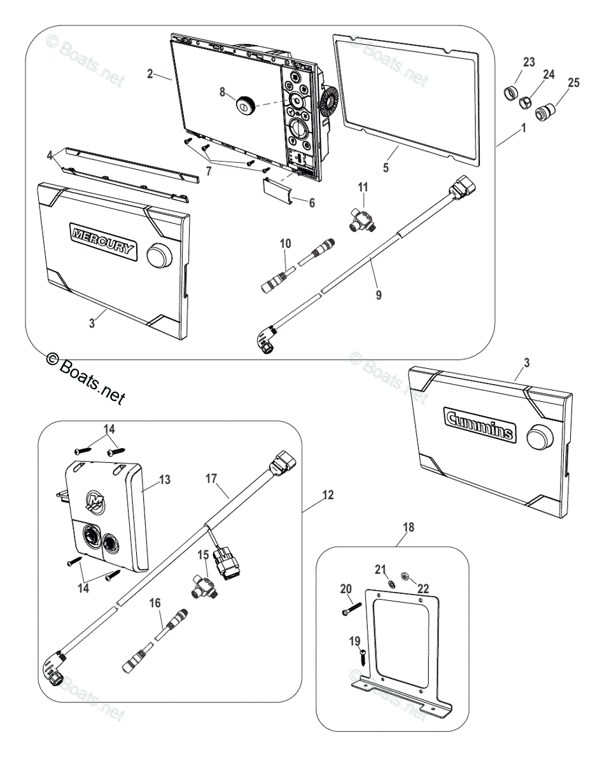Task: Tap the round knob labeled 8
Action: point(244,106)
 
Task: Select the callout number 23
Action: point(529,62)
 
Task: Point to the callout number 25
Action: point(573,83)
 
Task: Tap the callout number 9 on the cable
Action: point(379,296)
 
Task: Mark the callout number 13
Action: point(164,479)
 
